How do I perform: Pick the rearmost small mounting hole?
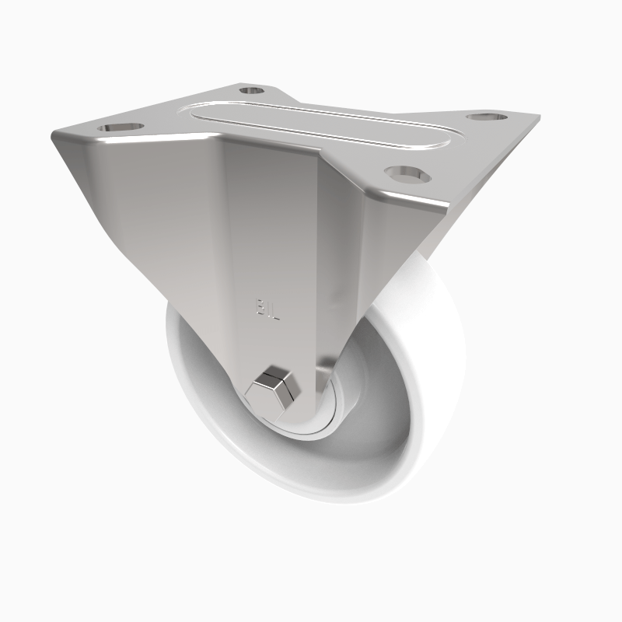(250, 91)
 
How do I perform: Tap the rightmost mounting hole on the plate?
(485, 117)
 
